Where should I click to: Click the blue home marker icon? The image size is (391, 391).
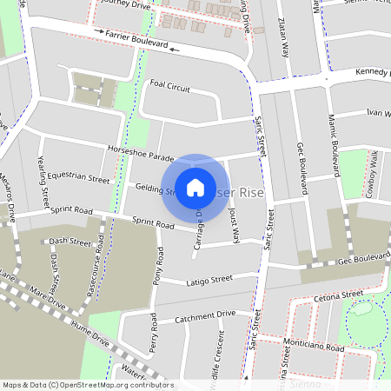point(195,187)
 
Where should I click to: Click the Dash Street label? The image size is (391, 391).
point(70,242)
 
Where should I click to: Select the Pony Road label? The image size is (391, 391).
point(159,266)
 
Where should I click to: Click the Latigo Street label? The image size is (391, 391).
point(209,280)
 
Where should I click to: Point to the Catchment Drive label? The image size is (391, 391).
point(205,315)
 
